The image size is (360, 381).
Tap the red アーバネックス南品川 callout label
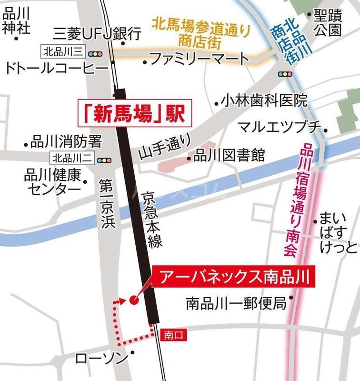tap(234, 276)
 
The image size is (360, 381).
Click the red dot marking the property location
tap(134, 300)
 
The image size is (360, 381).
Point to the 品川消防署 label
tap(66, 141)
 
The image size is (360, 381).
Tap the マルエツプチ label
tap(280, 127)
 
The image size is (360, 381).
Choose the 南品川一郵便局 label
tap(236, 301)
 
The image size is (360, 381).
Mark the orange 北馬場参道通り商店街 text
tap(200, 30)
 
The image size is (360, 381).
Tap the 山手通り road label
tap(165, 145)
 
